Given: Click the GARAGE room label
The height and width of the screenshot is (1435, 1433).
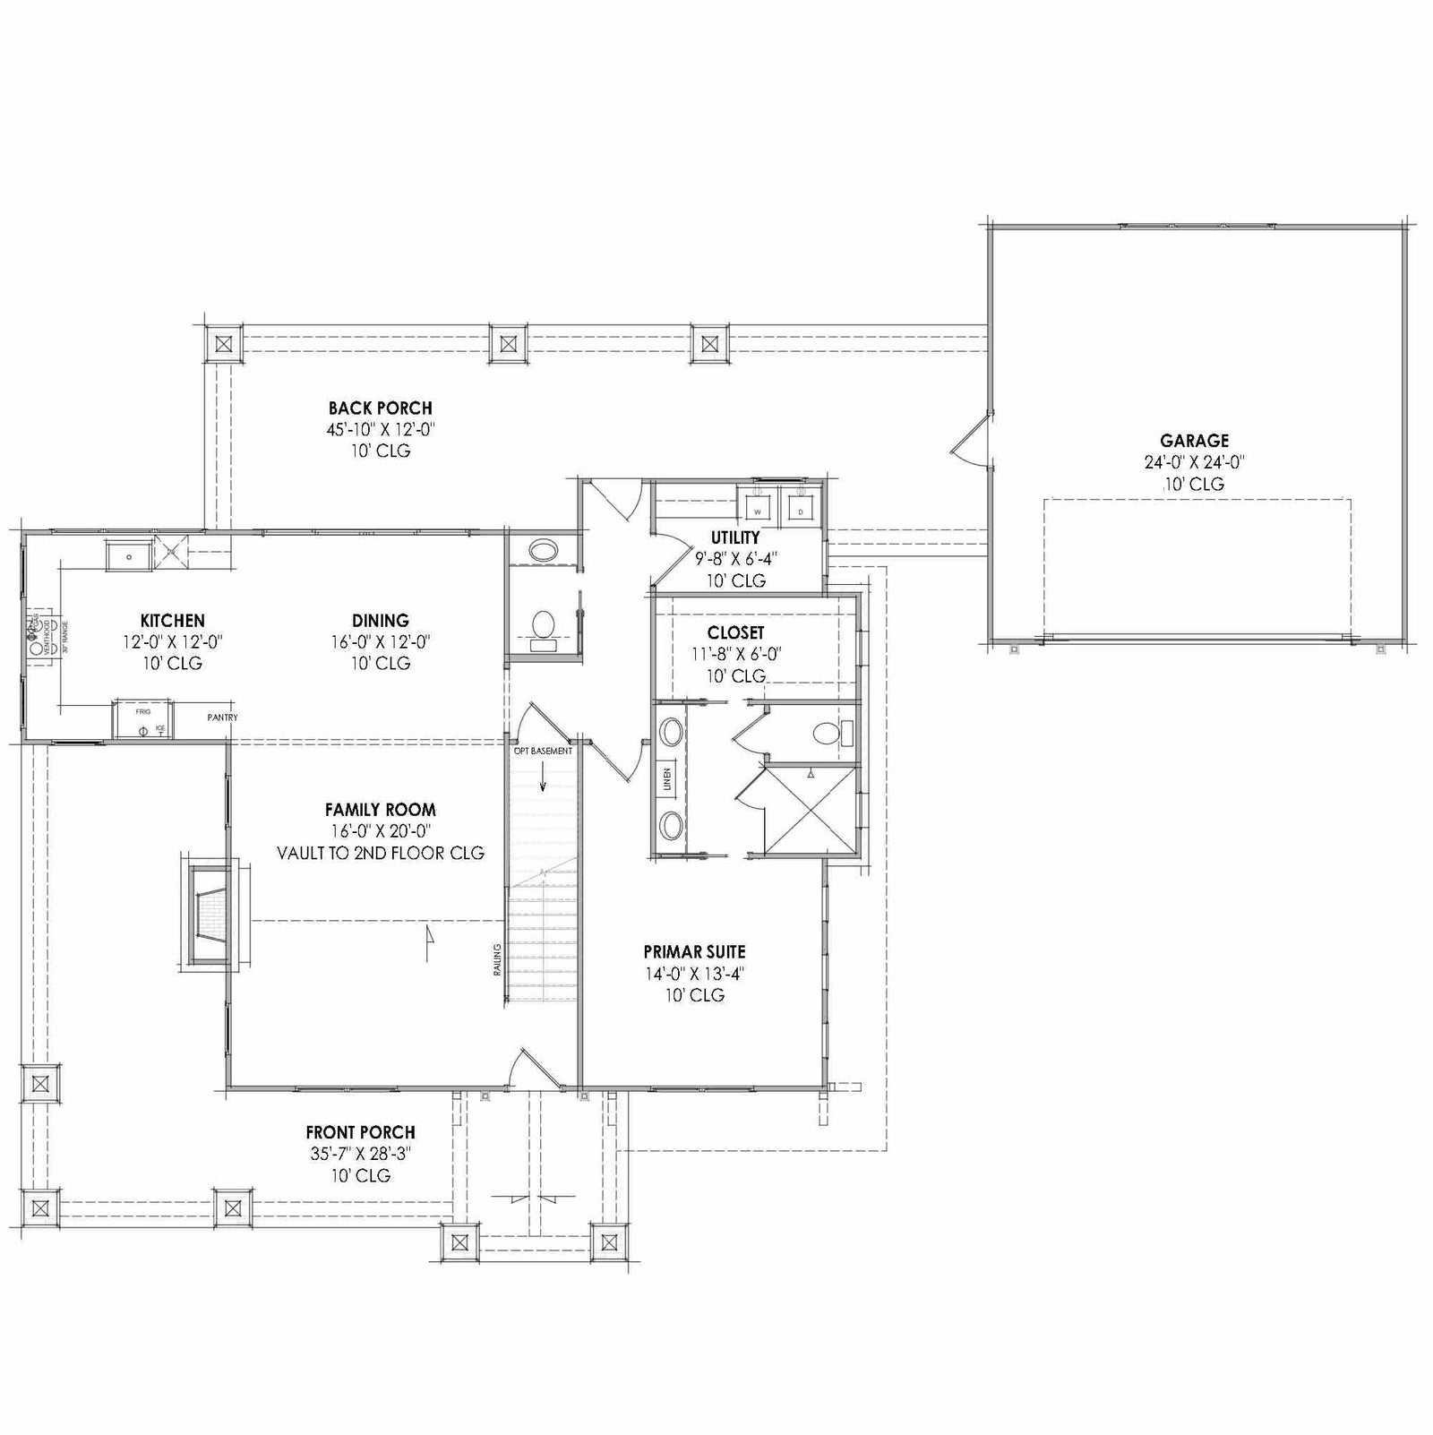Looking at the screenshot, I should tap(1194, 441).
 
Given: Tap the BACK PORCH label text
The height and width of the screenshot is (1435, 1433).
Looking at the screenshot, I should tap(380, 408).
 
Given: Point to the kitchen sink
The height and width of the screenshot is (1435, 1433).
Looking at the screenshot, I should tap(130, 556).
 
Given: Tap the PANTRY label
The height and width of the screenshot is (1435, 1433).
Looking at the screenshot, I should tap(222, 717).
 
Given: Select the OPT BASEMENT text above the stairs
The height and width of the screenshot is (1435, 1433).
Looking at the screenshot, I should tap(543, 751).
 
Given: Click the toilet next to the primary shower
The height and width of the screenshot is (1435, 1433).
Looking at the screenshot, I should tap(831, 735).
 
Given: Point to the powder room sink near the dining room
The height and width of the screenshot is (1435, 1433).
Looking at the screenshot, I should tap(543, 549).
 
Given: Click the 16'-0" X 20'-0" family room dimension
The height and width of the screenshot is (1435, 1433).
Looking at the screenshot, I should tap(380, 831).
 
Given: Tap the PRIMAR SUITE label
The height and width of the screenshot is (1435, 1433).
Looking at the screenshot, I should tap(694, 952).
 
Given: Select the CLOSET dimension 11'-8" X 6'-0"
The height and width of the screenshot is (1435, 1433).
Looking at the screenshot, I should tap(735, 655).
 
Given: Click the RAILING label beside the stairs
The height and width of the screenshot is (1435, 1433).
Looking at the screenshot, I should tap(497, 958).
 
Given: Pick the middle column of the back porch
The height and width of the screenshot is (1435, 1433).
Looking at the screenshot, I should tap(509, 343).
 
